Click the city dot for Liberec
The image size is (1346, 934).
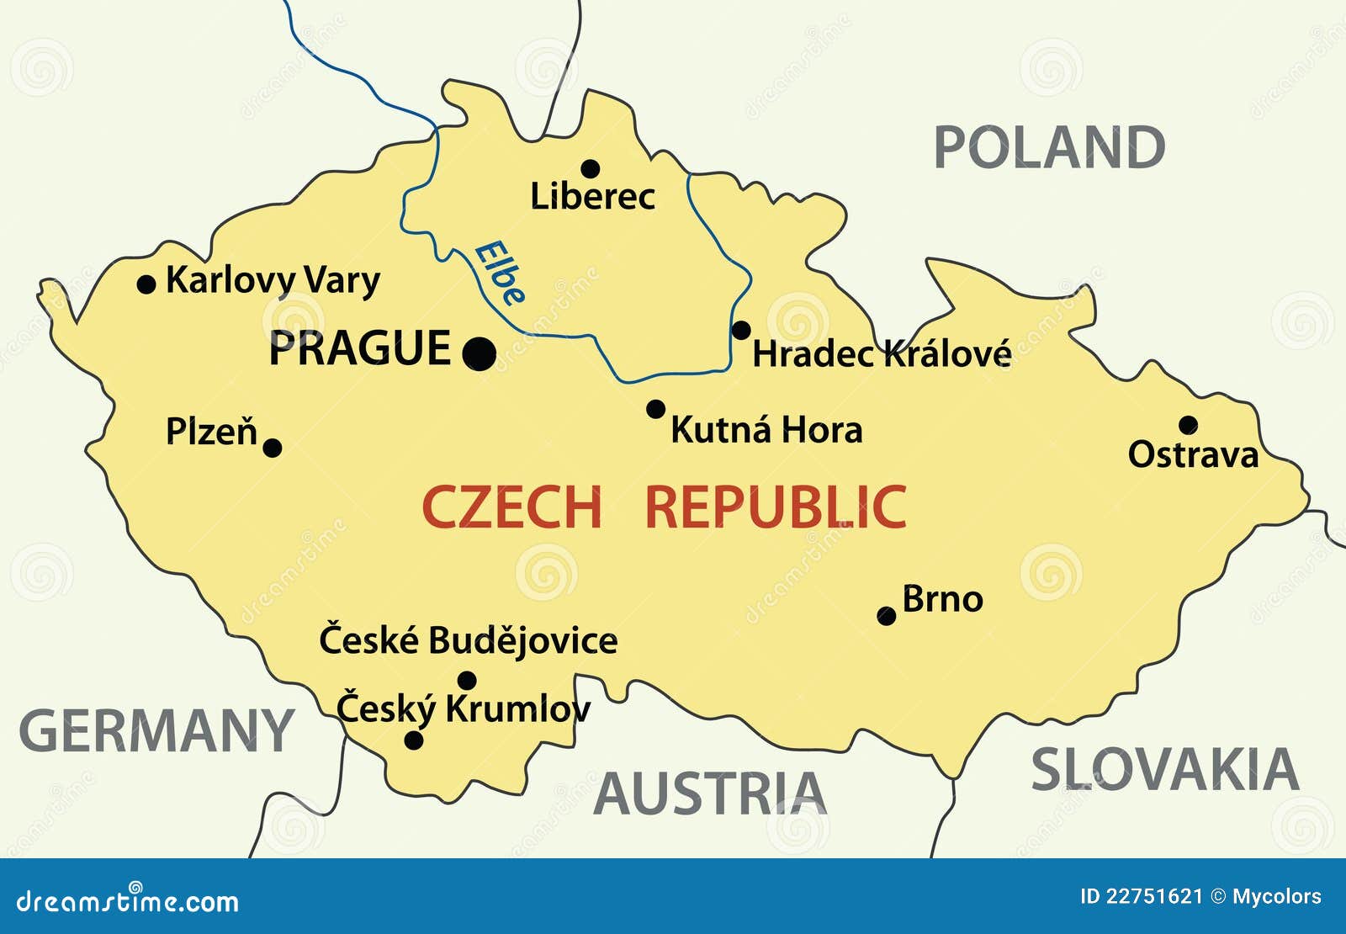tap(591, 169)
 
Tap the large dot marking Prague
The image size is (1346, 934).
tap(480, 353)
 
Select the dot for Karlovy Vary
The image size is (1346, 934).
tap(146, 284)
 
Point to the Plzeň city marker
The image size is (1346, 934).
tap(273, 448)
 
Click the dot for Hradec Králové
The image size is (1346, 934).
tap(741, 330)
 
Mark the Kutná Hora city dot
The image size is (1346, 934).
tap(655, 409)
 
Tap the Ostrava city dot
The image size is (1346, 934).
tap(1188, 425)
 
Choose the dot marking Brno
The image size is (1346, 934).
tap(886, 616)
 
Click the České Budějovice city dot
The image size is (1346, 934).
tap(467, 680)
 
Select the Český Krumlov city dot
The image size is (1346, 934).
tap(414, 740)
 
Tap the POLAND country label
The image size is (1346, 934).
tap(1049, 147)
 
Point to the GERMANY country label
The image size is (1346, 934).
tap(156, 730)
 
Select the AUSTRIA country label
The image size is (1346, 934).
tap(710, 793)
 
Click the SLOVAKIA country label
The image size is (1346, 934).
tap(1164, 769)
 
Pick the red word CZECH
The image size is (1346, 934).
tap(511, 507)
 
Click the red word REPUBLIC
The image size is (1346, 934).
tap(776, 507)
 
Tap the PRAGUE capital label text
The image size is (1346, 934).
tap(360, 348)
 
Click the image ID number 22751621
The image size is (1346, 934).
tap(1154, 897)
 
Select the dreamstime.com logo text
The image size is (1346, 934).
tap(128, 901)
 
